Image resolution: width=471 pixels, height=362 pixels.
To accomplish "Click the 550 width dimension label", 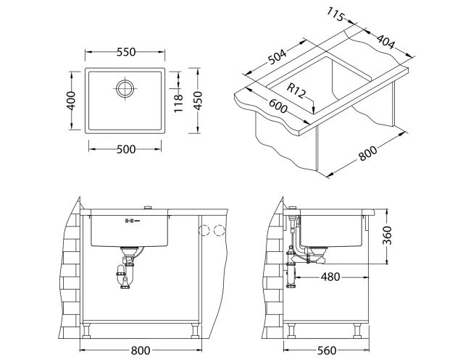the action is pos(126,52).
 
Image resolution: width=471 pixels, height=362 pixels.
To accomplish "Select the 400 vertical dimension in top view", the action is pos(71,101).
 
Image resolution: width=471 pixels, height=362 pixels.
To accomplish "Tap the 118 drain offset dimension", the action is pos(178,104).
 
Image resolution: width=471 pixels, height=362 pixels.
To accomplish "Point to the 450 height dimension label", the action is pos(198,101).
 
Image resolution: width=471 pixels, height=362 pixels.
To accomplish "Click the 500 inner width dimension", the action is pos(126,149).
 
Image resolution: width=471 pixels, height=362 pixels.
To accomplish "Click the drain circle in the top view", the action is pos(125,88).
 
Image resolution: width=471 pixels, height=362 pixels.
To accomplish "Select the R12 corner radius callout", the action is pos(296,90).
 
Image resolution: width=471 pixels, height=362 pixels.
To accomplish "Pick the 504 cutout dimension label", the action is pos(278,56).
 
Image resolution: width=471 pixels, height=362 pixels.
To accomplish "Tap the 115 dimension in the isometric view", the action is pos(335,14).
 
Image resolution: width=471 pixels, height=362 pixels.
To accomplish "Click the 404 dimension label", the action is pos(385,42).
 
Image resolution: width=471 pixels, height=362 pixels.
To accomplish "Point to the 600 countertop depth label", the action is pos(278,106).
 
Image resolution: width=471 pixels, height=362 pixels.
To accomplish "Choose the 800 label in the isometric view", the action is pos(368,153).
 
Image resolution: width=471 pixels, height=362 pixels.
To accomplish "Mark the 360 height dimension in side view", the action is pos(388,235).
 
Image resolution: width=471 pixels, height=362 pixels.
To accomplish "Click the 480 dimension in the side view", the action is pos(330,277).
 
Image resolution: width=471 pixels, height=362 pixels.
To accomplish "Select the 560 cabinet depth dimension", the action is pos(327,350).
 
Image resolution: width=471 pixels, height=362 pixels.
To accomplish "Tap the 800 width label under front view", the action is pos(141,350).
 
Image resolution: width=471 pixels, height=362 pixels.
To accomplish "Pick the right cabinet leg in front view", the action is pos(195,330).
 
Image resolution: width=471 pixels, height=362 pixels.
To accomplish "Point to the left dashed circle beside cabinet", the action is pos(204,230).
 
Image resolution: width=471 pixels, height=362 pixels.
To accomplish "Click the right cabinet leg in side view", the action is pos(357,330).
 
